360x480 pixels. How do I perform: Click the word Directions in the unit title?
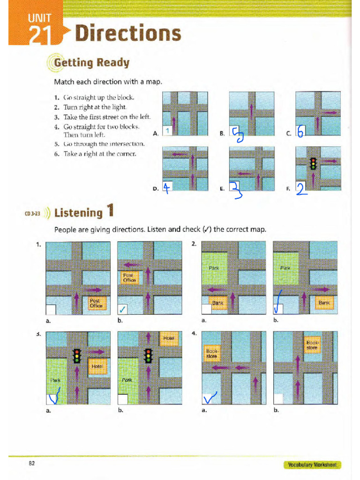point(128,34)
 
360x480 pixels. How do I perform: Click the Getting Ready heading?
point(91,62)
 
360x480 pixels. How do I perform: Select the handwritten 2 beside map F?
point(301,188)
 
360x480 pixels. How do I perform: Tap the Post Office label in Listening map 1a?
point(96,303)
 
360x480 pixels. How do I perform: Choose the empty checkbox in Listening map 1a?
point(51,310)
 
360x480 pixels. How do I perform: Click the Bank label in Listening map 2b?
point(324,303)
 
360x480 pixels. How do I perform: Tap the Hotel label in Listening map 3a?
point(97,366)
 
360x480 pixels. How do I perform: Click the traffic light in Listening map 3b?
point(149,356)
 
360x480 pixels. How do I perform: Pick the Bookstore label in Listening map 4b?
point(312,345)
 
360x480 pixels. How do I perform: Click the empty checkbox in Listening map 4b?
point(278,399)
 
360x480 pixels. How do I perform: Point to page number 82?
point(32,463)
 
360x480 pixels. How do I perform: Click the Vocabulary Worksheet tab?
point(312,465)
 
